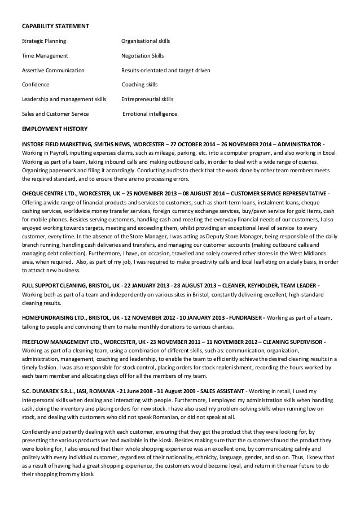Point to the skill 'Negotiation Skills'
tap(142, 56)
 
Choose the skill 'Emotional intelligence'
tap(150, 114)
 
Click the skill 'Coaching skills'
tap(140, 85)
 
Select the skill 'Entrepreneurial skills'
tap(147, 99)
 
